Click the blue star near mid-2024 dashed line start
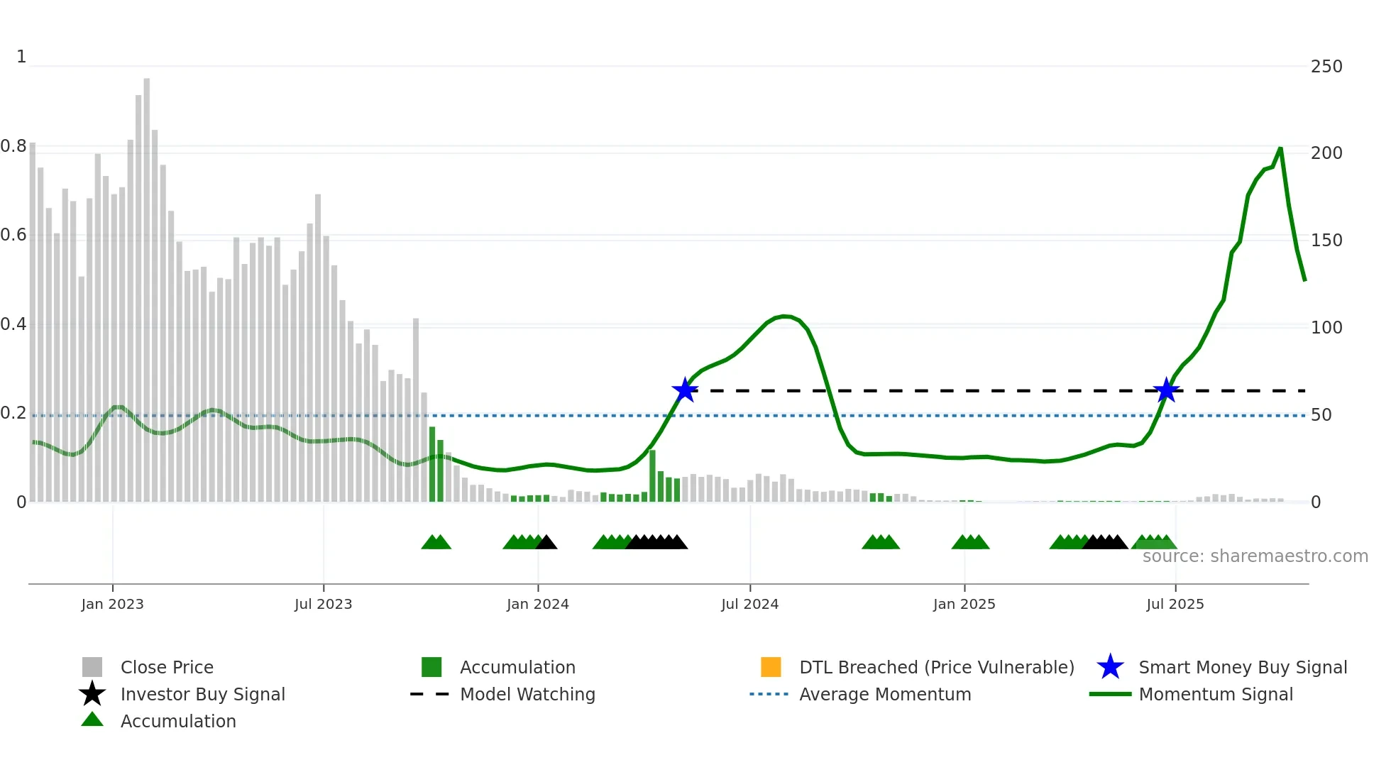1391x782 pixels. point(685,390)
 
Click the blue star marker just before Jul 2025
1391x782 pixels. point(1166,390)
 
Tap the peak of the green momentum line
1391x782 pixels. point(1280,148)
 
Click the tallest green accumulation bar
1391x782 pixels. point(432,465)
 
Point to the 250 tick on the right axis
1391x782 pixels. point(1326,67)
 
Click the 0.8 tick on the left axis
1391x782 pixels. point(13,146)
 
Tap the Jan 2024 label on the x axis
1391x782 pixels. point(537,604)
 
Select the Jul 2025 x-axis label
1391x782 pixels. point(1175,604)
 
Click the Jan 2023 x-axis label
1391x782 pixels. point(112,604)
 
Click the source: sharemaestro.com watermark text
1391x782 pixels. point(1255,556)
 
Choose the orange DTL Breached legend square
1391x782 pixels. point(771,667)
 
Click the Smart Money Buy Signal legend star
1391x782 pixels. point(1110,667)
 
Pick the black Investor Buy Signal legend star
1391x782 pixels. point(92,694)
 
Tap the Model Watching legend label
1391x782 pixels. point(527,694)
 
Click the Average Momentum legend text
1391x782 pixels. point(885,694)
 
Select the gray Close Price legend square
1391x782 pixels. point(92,667)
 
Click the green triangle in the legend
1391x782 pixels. point(92,720)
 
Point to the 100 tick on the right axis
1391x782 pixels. point(1326,328)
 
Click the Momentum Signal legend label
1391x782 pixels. point(1216,694)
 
